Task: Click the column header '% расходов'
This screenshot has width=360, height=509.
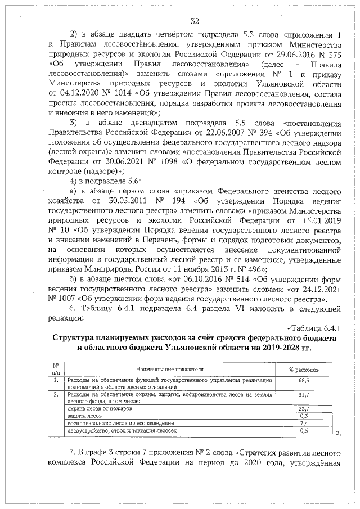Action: coord(304,370)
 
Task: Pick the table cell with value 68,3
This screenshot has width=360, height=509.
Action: coord(304,381)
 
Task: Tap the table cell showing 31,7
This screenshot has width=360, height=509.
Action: coord(304,395)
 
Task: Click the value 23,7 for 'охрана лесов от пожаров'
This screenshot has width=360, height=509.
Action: coord(304,408)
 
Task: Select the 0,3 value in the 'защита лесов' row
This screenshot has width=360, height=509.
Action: coord(304,416)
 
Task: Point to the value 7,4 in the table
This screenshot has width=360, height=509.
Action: coord(304,422)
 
